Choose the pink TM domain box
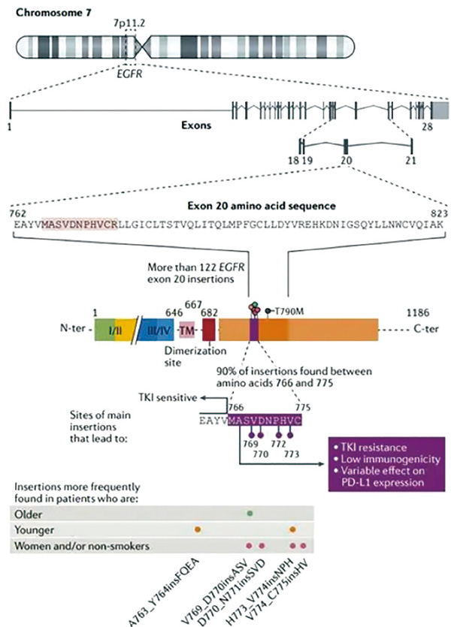pyautogui.click(x=186, y=328)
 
